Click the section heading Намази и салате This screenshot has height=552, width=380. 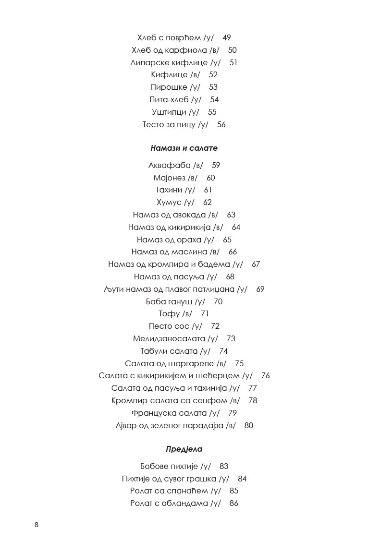pyautogui.click(x=184, y=148)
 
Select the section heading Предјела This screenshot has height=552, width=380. pyautogui.click(x=184, y=449)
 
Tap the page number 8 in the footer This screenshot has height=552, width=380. pyautogui.click(x=37, y=525)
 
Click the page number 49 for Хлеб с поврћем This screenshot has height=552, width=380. pyautogui.click(x=227, y=37)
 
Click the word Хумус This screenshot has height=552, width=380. pyautogui.click(x=168, y=203)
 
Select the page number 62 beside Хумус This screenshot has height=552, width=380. pyautogui.click(x=208, y=203)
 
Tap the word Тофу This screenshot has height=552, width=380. pyautogui.click(x=169, y=314)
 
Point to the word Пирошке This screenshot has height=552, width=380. pyautogui.click(x=169, y=87)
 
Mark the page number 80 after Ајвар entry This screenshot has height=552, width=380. pyautogui.click(x=249, y=425)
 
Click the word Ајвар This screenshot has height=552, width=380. pyautogui.click(x=126, y=425)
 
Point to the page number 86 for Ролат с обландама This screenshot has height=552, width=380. pyautogui.click(x=234, y=504)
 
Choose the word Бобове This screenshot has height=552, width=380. pyautogui.click(x=153, y=466)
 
